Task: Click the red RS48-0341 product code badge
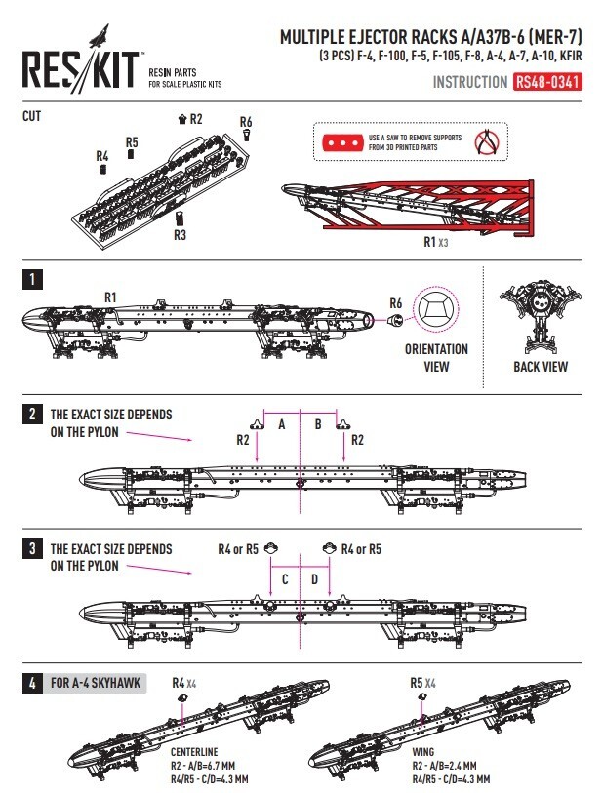click(547, 83)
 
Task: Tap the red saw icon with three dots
click(342, 143)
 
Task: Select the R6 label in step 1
click(395, 302)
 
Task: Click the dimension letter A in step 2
click(282, 424)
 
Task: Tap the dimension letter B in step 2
click(317, 424)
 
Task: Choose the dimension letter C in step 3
click(285, 579)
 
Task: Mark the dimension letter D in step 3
click(314, 579)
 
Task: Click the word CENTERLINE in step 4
click(193, 753)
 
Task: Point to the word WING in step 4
click(422, 753)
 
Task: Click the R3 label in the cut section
click(180, 235)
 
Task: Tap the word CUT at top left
click(32, 116)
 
